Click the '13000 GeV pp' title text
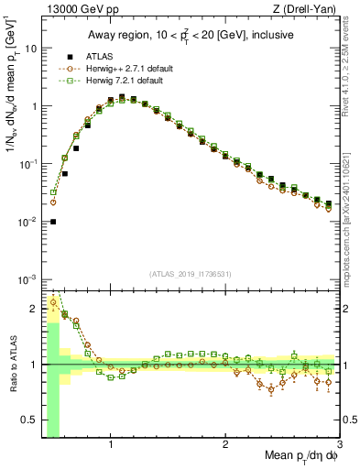coord(76,9)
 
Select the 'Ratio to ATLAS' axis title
coord(11,365)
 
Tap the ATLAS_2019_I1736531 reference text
coord(191,274)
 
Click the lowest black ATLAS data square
coord(53,222)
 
